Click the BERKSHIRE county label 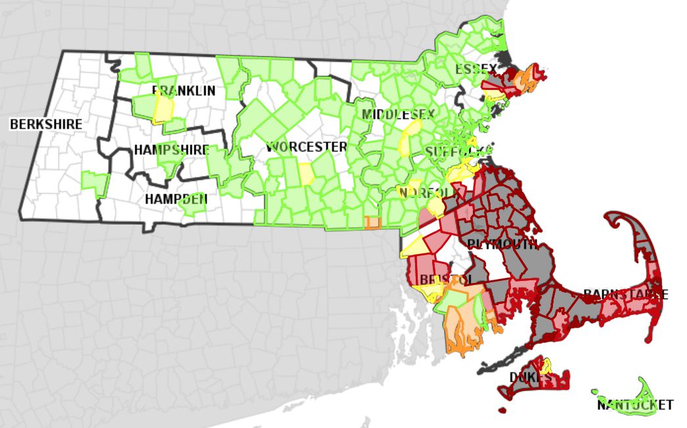pyautogui.click(x=46, y=123)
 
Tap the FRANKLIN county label pyautogui.click(x=183, y=91)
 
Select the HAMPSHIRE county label pyautogui.click(x=171, y=150)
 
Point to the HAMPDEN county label pyautogui.click(x=177, y=198)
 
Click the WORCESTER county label pyautogui.click(x=306, y=146)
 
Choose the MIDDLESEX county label pyautogui.click(x=398, y=115)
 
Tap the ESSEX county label pyautogui.click(x=476, y=69)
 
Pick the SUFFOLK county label pyautogui.click(x=456, y=152)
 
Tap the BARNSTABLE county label pyautogui.click(x=625, y=294)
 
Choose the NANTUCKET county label pyautogui.click(x=635, y=404)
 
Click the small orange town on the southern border pyautogui.click(x=372, y=223)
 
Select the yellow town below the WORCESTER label pyautogui.click(x=307, y=174)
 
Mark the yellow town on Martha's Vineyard pyautogui.click(x=545, y=366)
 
